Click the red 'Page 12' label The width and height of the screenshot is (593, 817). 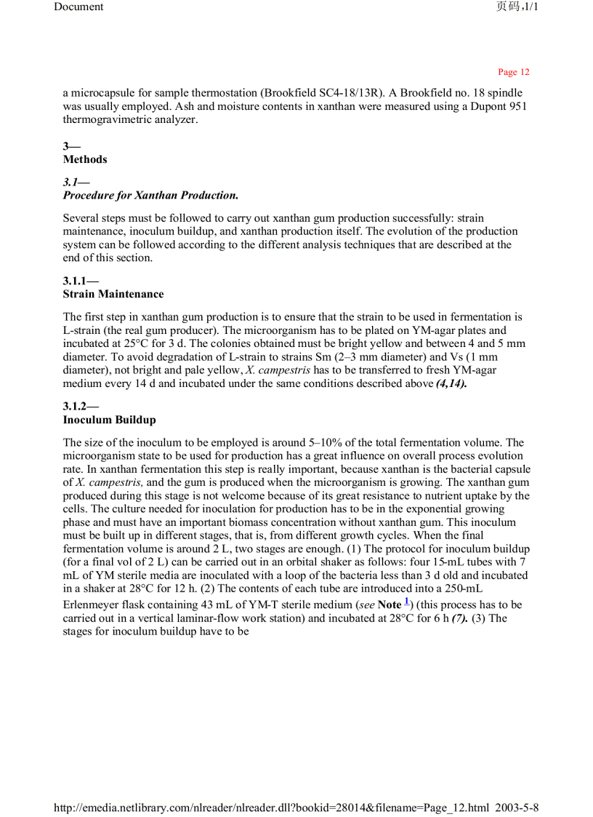click(x=513, y=72)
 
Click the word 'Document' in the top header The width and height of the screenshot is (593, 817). click(x=78, y=7)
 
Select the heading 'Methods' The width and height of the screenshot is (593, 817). click(x=85, y=159)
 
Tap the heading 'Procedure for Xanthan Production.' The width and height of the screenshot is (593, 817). click(x=150, y=196)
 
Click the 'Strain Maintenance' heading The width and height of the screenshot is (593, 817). click(x=113, y=295)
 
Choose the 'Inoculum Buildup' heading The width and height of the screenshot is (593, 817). click(x=109, y=420)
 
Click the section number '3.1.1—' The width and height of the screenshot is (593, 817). click(x=81, y=281)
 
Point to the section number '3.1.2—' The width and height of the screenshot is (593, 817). click(x=81, y=407)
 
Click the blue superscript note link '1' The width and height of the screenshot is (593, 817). click(x=407, y=601)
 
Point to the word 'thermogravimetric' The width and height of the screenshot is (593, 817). click(x=105, y=119)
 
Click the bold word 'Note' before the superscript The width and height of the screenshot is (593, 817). click(x=390, y=605)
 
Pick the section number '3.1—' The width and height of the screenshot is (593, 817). click(x=76, y=182)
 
